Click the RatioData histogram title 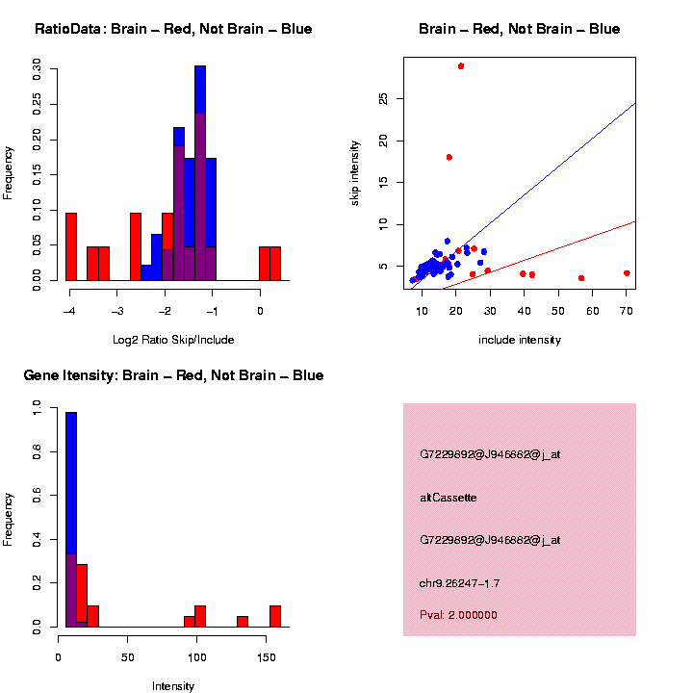pos(173,29)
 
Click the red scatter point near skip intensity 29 pos(461,66)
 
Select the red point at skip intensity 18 pos(449,157)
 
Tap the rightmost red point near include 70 pos(627,273)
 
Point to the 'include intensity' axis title pos(520,340)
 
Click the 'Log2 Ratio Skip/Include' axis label pos(173,340)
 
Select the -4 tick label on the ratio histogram pos(70,312)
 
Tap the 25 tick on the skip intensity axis pos(383,98)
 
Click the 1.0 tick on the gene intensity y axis pos(38,410)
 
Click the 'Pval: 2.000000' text pos(459,615)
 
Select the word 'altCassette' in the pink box pos(449,498)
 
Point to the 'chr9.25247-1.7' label pos(460,583)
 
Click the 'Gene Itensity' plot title pos(173,375)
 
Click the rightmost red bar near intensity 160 pos(275,616)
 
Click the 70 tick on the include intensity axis pos(627,312)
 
